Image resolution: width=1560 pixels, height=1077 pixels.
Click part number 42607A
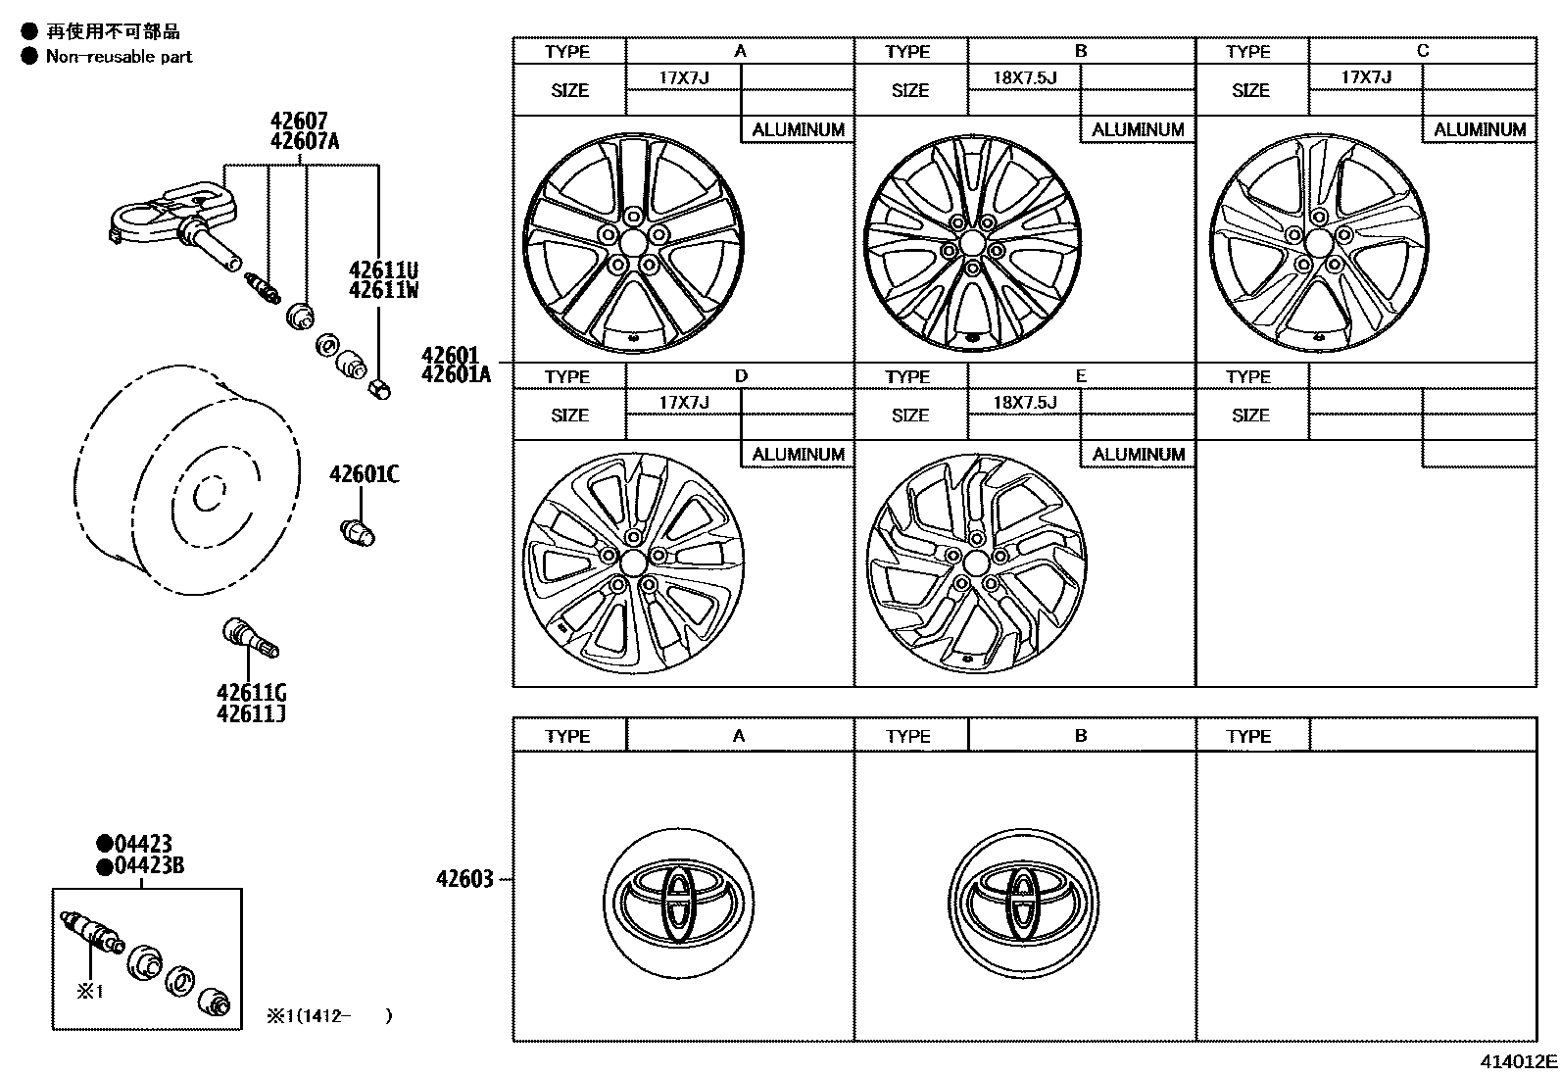[x=305, y=141]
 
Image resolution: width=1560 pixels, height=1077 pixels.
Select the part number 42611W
[x=384, y=289]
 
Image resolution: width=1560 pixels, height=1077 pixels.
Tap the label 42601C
[x=364, y=474]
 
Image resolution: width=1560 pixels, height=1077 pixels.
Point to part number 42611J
[x=251, y=714]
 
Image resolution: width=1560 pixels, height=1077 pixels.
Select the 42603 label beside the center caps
[x=464, y=879]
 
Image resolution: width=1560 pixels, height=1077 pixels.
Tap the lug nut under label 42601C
[x=358, y=533]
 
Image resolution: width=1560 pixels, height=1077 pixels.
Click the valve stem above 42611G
[x=252, y=638]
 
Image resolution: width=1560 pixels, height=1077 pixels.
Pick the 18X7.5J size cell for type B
[x=1024, y=77]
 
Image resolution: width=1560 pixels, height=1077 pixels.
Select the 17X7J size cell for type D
[x=683, y=403]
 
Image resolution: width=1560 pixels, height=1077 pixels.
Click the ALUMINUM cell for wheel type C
[x=1479, y=129]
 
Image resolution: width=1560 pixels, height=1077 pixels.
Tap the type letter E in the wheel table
[x=1081, y=376]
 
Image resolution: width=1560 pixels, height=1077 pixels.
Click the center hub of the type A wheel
[x=633, y=242]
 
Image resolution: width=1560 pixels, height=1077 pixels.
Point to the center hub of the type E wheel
[x=975, y=563]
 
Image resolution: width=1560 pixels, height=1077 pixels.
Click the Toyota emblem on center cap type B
[x=1024, y=902]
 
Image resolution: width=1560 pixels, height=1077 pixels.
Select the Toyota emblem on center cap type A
[x=679, y=902]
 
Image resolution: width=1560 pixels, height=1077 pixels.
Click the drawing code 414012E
[x=1518, y=1060]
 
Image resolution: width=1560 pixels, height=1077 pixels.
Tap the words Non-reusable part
[x=119, y=57]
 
